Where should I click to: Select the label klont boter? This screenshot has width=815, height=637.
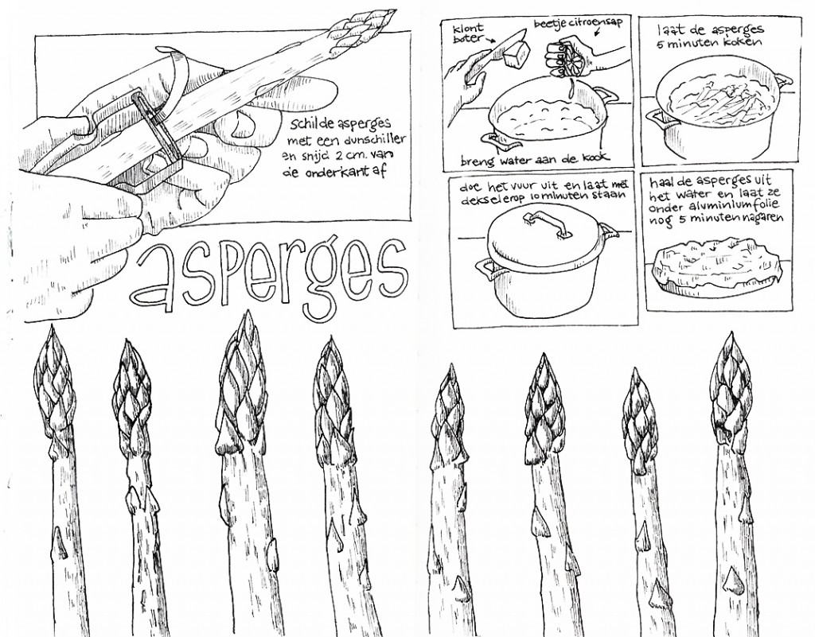point(468,33)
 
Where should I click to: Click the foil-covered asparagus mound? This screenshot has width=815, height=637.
point(716,264)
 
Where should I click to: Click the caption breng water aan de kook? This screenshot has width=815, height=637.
point(536,159)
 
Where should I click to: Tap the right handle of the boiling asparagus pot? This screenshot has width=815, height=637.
point(784,80)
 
